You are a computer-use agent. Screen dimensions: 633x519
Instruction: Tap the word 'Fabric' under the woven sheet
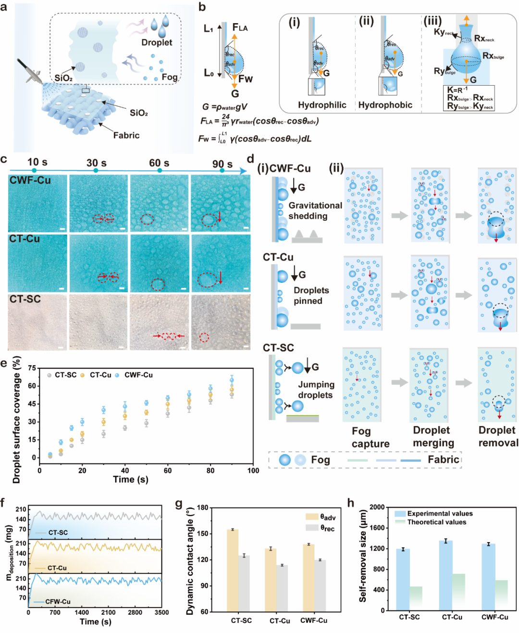point(126,135)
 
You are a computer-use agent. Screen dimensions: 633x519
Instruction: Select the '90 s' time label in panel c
point(222,164)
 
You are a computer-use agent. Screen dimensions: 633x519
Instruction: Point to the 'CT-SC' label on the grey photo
point(25,299)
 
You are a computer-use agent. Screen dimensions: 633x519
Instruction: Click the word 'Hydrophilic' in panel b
point(322,105)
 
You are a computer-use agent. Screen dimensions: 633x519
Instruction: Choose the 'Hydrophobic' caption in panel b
point(385,105)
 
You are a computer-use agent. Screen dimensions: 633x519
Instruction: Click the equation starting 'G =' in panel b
point(224,107)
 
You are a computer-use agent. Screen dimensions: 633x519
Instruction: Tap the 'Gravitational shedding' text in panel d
point(315,211)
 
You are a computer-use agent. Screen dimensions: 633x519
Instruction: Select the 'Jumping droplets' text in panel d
point(316,390)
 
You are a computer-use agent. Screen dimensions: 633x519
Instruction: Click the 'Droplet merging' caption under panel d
point(433,436)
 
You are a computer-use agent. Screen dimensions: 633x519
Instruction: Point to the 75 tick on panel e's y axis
point(32,368)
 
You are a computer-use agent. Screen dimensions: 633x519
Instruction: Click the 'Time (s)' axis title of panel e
point(131,479)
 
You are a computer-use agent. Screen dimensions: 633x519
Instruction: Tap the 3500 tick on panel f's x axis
point(161,612)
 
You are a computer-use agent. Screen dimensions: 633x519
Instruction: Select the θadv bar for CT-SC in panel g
point(233,570)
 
